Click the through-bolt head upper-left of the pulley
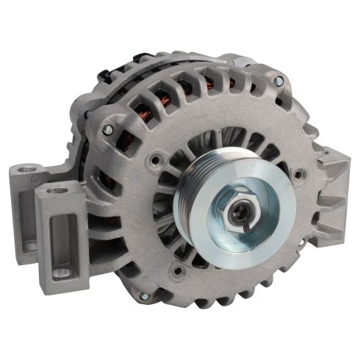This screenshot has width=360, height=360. pyautogui.click(x=108, y=129)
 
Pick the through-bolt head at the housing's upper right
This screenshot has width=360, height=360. pyautogui.click(x=278, y=80)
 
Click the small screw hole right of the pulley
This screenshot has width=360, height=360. pyautogui.click(x=299, y=174)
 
